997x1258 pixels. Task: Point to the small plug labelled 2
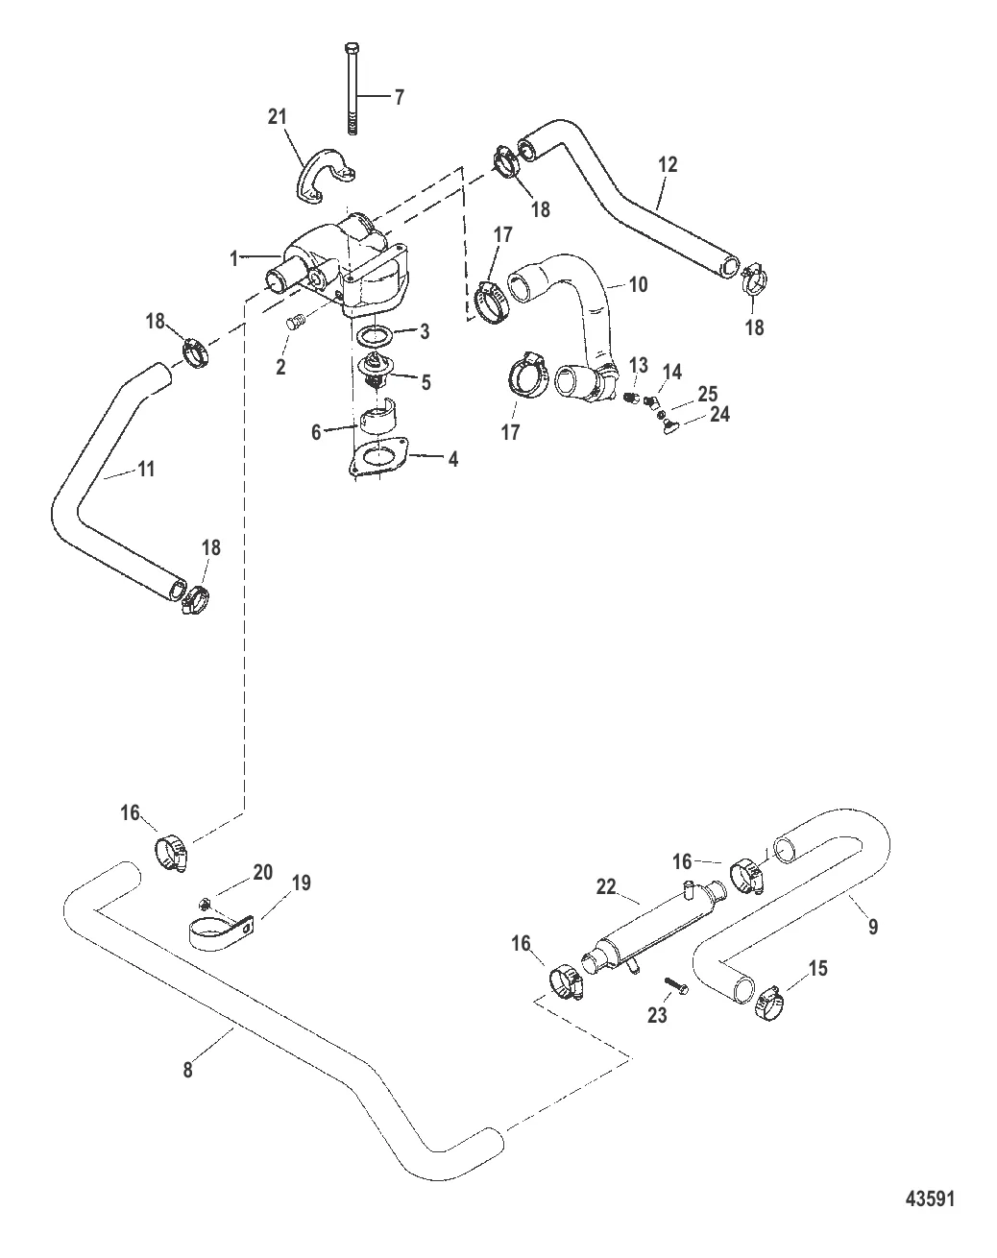click(x=296, y=325)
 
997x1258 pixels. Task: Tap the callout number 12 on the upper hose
click(x=668, y=164)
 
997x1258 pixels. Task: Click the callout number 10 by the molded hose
click(x=638, y=284)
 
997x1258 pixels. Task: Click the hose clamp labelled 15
click(x=770, y=1003)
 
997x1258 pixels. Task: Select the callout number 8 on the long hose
click(x=187, y=1068)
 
